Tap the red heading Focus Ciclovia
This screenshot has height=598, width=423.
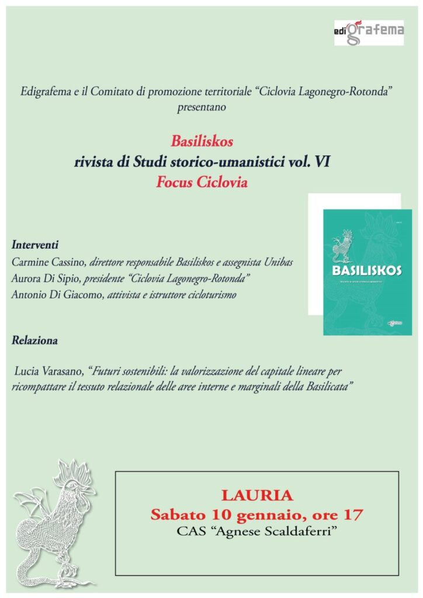202,182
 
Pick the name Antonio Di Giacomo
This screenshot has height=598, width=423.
54,295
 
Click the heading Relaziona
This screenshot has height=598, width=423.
34,339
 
